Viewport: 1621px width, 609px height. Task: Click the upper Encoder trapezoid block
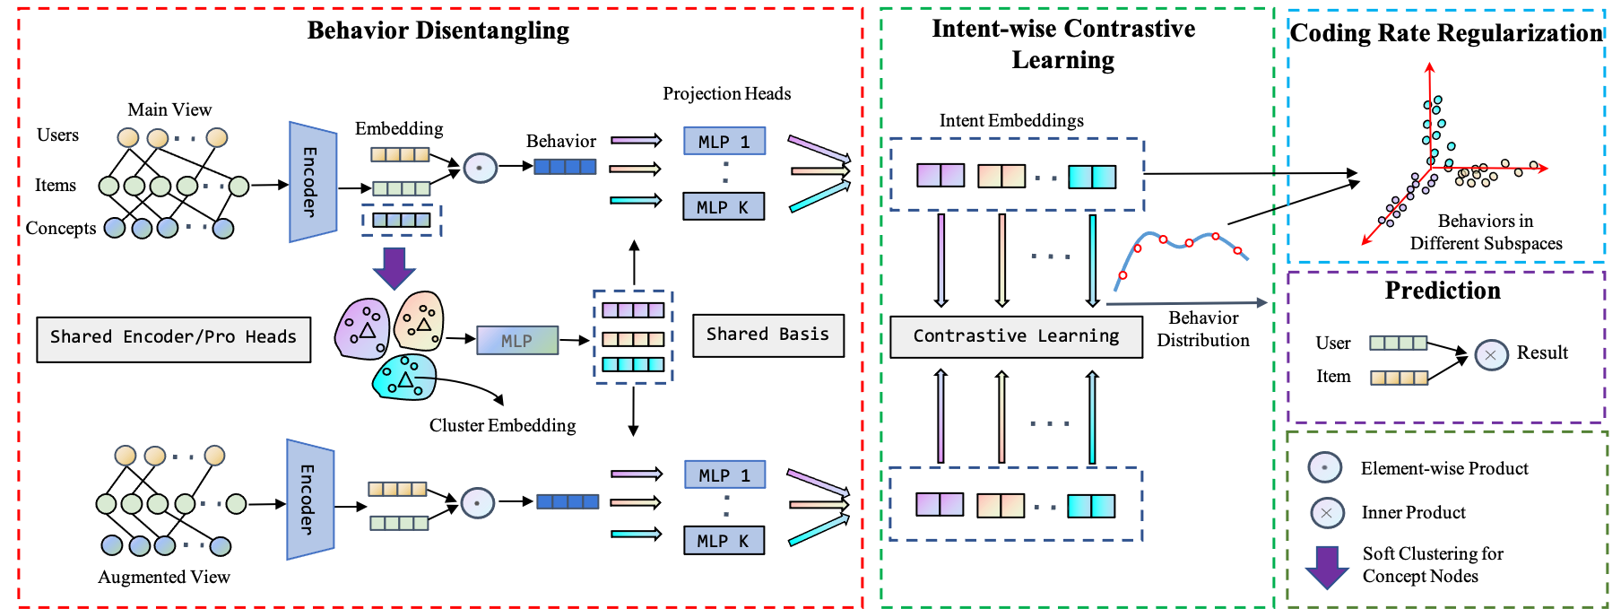(x=312, y=182)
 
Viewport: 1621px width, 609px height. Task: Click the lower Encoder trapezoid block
(x=309, y=500)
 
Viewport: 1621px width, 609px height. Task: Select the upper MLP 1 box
(x=724, y=142)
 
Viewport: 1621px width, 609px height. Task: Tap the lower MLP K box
(x=724, y=541)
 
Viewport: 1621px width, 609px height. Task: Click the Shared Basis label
(x=767, y=335)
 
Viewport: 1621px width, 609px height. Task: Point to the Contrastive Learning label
(x=1016, y=336)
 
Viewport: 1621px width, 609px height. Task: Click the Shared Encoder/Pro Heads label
(x=173, y=338)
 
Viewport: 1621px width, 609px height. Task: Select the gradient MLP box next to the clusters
(x=517, y=340)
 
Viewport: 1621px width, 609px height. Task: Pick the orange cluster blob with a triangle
(x=420, y=321)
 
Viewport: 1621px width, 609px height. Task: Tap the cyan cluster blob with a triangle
(x=404, y=377)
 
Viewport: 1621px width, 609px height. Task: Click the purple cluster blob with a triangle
(x=362, y=329)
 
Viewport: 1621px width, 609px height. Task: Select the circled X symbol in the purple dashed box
(x=1491, y=355)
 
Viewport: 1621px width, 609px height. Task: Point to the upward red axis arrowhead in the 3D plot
(x=1429, y=67)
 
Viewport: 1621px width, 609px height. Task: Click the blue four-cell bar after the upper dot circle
(x=565, y=166)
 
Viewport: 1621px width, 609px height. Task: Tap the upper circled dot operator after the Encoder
(x=480, y=168)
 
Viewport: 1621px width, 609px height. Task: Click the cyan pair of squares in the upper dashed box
(x=1092, y=177)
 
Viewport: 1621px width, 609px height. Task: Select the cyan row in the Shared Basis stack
(x=633, y=364)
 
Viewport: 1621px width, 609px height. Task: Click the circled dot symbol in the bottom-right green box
(x=1324, y=466)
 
